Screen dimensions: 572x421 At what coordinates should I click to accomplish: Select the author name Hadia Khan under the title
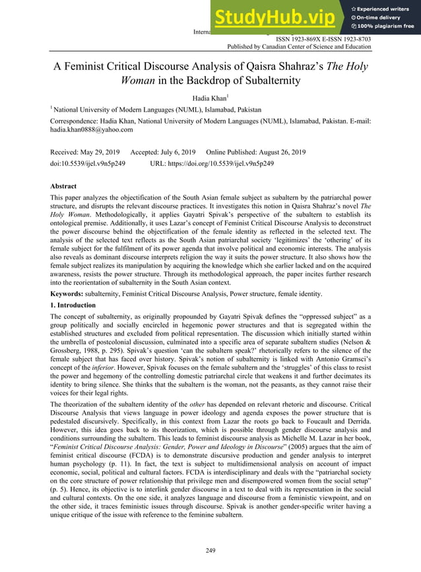click(209, 98)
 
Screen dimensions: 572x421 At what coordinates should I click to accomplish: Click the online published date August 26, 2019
click(276, 152)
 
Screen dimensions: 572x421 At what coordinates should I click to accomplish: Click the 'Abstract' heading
click(63, 186)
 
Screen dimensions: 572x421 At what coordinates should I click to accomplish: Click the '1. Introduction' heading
click(73, 305)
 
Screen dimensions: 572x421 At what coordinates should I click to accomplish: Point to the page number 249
click(210, 550)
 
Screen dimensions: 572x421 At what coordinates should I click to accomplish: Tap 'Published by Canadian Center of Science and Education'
click(299, 47)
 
